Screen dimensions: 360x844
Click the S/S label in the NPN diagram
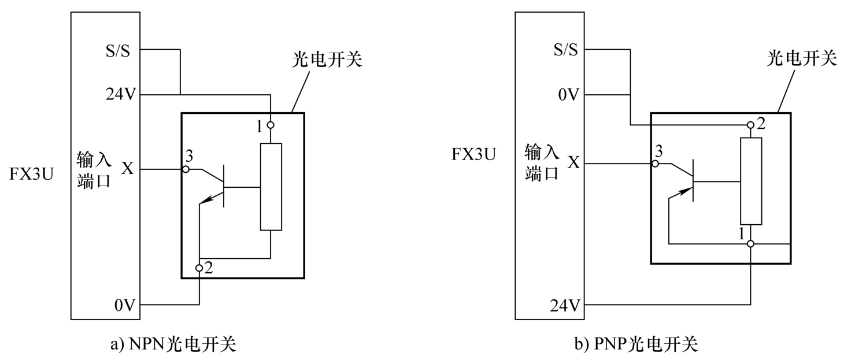coord(120,50)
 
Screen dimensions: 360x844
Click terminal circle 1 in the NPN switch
coord(271,125)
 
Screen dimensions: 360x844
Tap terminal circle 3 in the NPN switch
coord(186,169)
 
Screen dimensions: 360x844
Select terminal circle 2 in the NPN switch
coord(199,268)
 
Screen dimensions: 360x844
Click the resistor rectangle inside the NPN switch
coord(271,186)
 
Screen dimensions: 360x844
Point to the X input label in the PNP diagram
coord(573,163)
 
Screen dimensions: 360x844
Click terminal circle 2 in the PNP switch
coord(750,125)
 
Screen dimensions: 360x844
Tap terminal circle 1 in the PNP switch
coord(750,244)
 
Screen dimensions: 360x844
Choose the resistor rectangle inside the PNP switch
coord(751,180)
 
